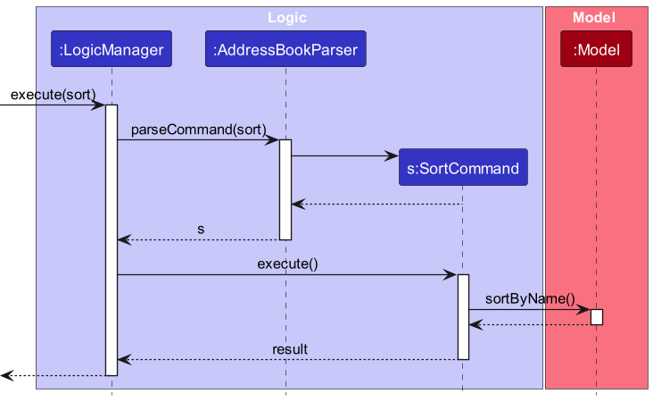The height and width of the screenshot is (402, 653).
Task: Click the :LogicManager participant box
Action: point(112,51)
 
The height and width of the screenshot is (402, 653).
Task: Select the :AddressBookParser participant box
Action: point(285,51)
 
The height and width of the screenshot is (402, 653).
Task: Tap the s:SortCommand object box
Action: point(463,168)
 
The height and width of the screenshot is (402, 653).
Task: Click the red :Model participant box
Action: point(596,50)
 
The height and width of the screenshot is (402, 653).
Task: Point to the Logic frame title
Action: point(287,17)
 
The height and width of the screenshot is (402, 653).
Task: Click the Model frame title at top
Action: point(595,17)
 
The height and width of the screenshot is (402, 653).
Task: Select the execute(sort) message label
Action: point(53,95)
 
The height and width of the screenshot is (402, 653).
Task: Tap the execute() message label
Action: point(287,264)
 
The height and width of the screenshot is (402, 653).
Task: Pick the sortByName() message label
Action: point(530,299)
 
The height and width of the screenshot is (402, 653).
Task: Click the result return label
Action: point(290,348)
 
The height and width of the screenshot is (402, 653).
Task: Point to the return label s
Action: point(201,230)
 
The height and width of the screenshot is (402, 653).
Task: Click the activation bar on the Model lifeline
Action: point(596,317)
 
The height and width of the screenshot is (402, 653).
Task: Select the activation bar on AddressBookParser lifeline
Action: point(285,189)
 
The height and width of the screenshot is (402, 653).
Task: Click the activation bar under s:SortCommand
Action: point(463,316)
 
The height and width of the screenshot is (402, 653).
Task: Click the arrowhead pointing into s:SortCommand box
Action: point(392,156)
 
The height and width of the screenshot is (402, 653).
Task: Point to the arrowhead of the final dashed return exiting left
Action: point(6,375)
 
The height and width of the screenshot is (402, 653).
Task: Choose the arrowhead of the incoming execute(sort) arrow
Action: point(99,105)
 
